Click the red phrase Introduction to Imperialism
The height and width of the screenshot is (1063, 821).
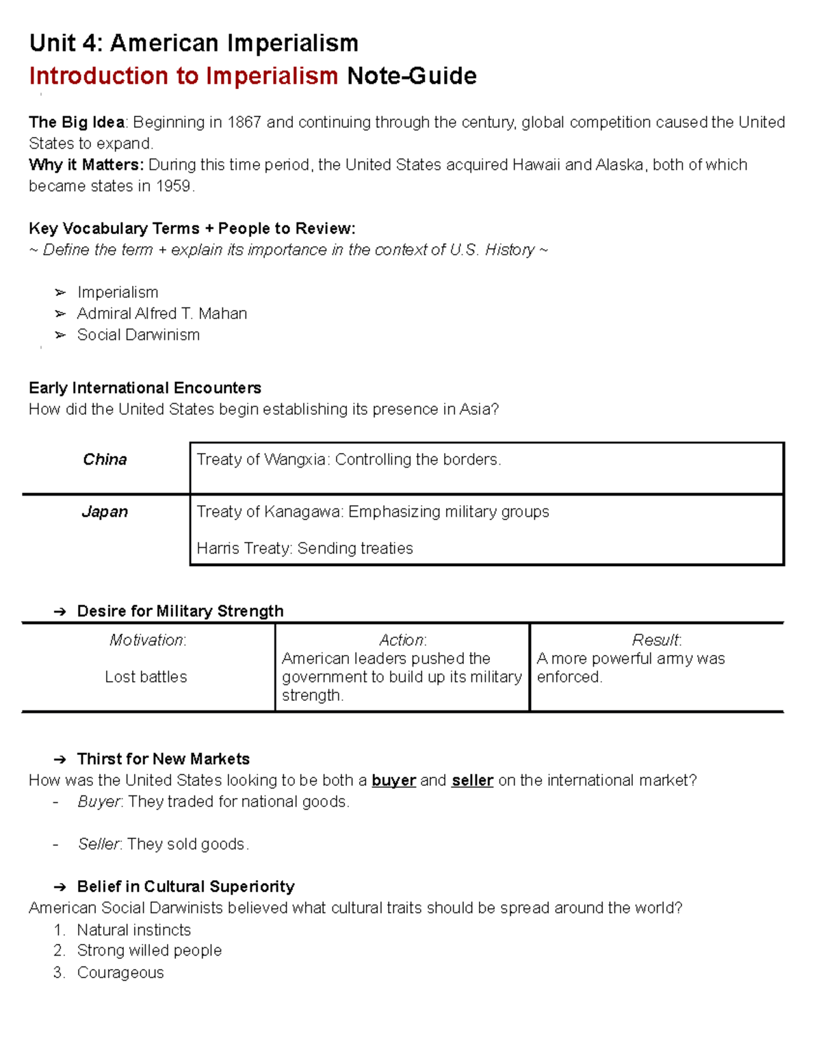click(183, 76)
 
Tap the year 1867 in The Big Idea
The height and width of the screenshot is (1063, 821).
click(244, 123)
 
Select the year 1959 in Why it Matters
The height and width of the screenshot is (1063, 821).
click(174, 186)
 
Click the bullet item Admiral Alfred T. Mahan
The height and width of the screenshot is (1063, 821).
click(162, 313)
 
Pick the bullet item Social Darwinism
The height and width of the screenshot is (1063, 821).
click(138, 335)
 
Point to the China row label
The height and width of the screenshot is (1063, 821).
click(105, 459)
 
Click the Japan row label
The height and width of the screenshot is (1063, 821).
click(105, 512)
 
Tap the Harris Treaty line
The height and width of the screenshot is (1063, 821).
click(304, 548)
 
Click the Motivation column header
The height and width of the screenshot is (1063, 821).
click(148, 640)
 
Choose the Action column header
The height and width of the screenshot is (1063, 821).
click(402, 640)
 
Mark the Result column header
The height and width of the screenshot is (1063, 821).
click(656, 640)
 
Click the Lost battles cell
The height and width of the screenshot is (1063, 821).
click(146, 677)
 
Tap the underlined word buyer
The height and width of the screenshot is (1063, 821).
click(393, 780)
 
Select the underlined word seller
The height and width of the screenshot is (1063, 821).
click(472, 780)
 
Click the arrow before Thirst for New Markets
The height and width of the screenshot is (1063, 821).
click(60, 759)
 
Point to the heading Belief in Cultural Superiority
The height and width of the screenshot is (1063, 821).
click(185, 886)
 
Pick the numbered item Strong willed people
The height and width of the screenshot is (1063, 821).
click(149, 951)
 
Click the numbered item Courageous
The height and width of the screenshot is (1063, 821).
click(120, 973)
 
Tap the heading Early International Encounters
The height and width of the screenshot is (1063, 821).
click(145, 388)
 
